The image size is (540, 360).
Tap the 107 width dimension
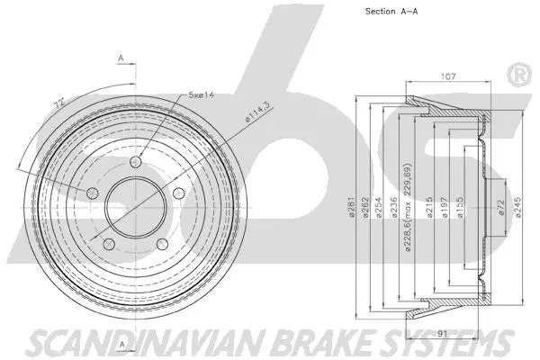point(447,76)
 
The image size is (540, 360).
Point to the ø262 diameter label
point(369,211)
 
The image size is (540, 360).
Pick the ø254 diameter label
point(382,211)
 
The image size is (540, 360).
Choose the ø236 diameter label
point(394,211)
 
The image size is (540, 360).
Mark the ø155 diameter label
point(459,211)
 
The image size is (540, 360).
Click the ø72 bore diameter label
point(500,211)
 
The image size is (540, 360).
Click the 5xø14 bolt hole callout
point(201,94)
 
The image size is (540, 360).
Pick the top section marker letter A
point(120,60)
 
